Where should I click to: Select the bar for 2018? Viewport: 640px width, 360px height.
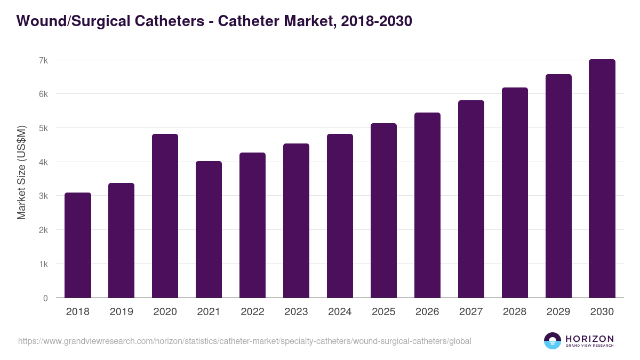pos(78,245)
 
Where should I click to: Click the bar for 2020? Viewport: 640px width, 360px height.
pos(165,216)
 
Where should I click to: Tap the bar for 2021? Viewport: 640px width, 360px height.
pos(209,229)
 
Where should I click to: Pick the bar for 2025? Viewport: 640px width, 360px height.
pos(384,211)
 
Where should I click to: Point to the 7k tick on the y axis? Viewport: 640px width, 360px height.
pos(43,60)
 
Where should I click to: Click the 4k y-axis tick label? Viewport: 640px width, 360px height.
pos(43,162)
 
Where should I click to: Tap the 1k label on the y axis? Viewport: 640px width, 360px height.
pos(43,264)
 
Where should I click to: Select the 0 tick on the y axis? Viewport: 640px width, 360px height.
pos(45,298)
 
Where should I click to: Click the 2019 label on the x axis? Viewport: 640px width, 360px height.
pos(122,312)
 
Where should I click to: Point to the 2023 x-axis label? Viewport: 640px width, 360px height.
pos(297,312)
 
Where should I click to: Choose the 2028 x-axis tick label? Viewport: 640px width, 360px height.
pos(515,312)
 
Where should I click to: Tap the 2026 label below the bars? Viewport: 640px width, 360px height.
pos(428,312)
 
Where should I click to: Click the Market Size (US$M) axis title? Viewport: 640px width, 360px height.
pos(22,172)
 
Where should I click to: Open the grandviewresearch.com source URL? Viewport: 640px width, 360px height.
pos(245,341)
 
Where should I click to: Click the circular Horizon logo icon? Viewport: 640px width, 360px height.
pos(553,341)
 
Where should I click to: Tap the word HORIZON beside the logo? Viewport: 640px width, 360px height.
pos(589,338)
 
